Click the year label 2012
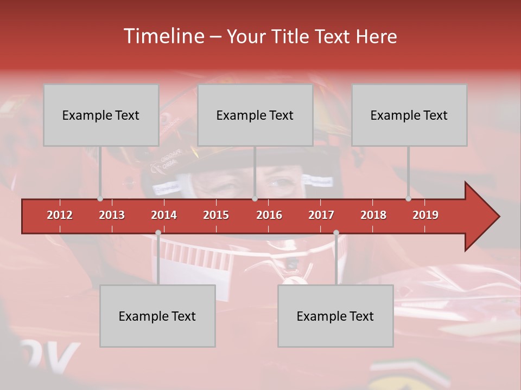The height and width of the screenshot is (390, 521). point(60,215)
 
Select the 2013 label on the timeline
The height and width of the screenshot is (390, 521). point(112,215)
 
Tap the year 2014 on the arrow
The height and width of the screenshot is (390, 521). point(164,215)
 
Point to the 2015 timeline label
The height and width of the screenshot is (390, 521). point(216,215)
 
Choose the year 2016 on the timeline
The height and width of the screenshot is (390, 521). point(269,215)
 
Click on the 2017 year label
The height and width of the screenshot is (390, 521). point(321,215)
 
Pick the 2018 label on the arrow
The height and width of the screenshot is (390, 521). point(373,215)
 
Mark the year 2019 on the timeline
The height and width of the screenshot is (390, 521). point(425,215)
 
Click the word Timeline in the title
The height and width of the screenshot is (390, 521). point(163,36)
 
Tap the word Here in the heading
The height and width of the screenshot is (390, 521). point(377,37)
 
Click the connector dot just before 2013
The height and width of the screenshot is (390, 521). point(100,199)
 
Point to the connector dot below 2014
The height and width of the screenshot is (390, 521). point(158,233)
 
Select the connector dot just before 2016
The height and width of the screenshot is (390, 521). point(255,199)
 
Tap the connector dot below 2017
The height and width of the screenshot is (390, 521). point(336,233)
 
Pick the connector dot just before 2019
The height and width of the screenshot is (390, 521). point(409,199)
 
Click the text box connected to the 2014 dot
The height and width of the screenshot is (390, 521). point(157,316)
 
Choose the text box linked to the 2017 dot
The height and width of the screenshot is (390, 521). point(335,316)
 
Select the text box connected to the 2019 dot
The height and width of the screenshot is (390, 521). point(409,115)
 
